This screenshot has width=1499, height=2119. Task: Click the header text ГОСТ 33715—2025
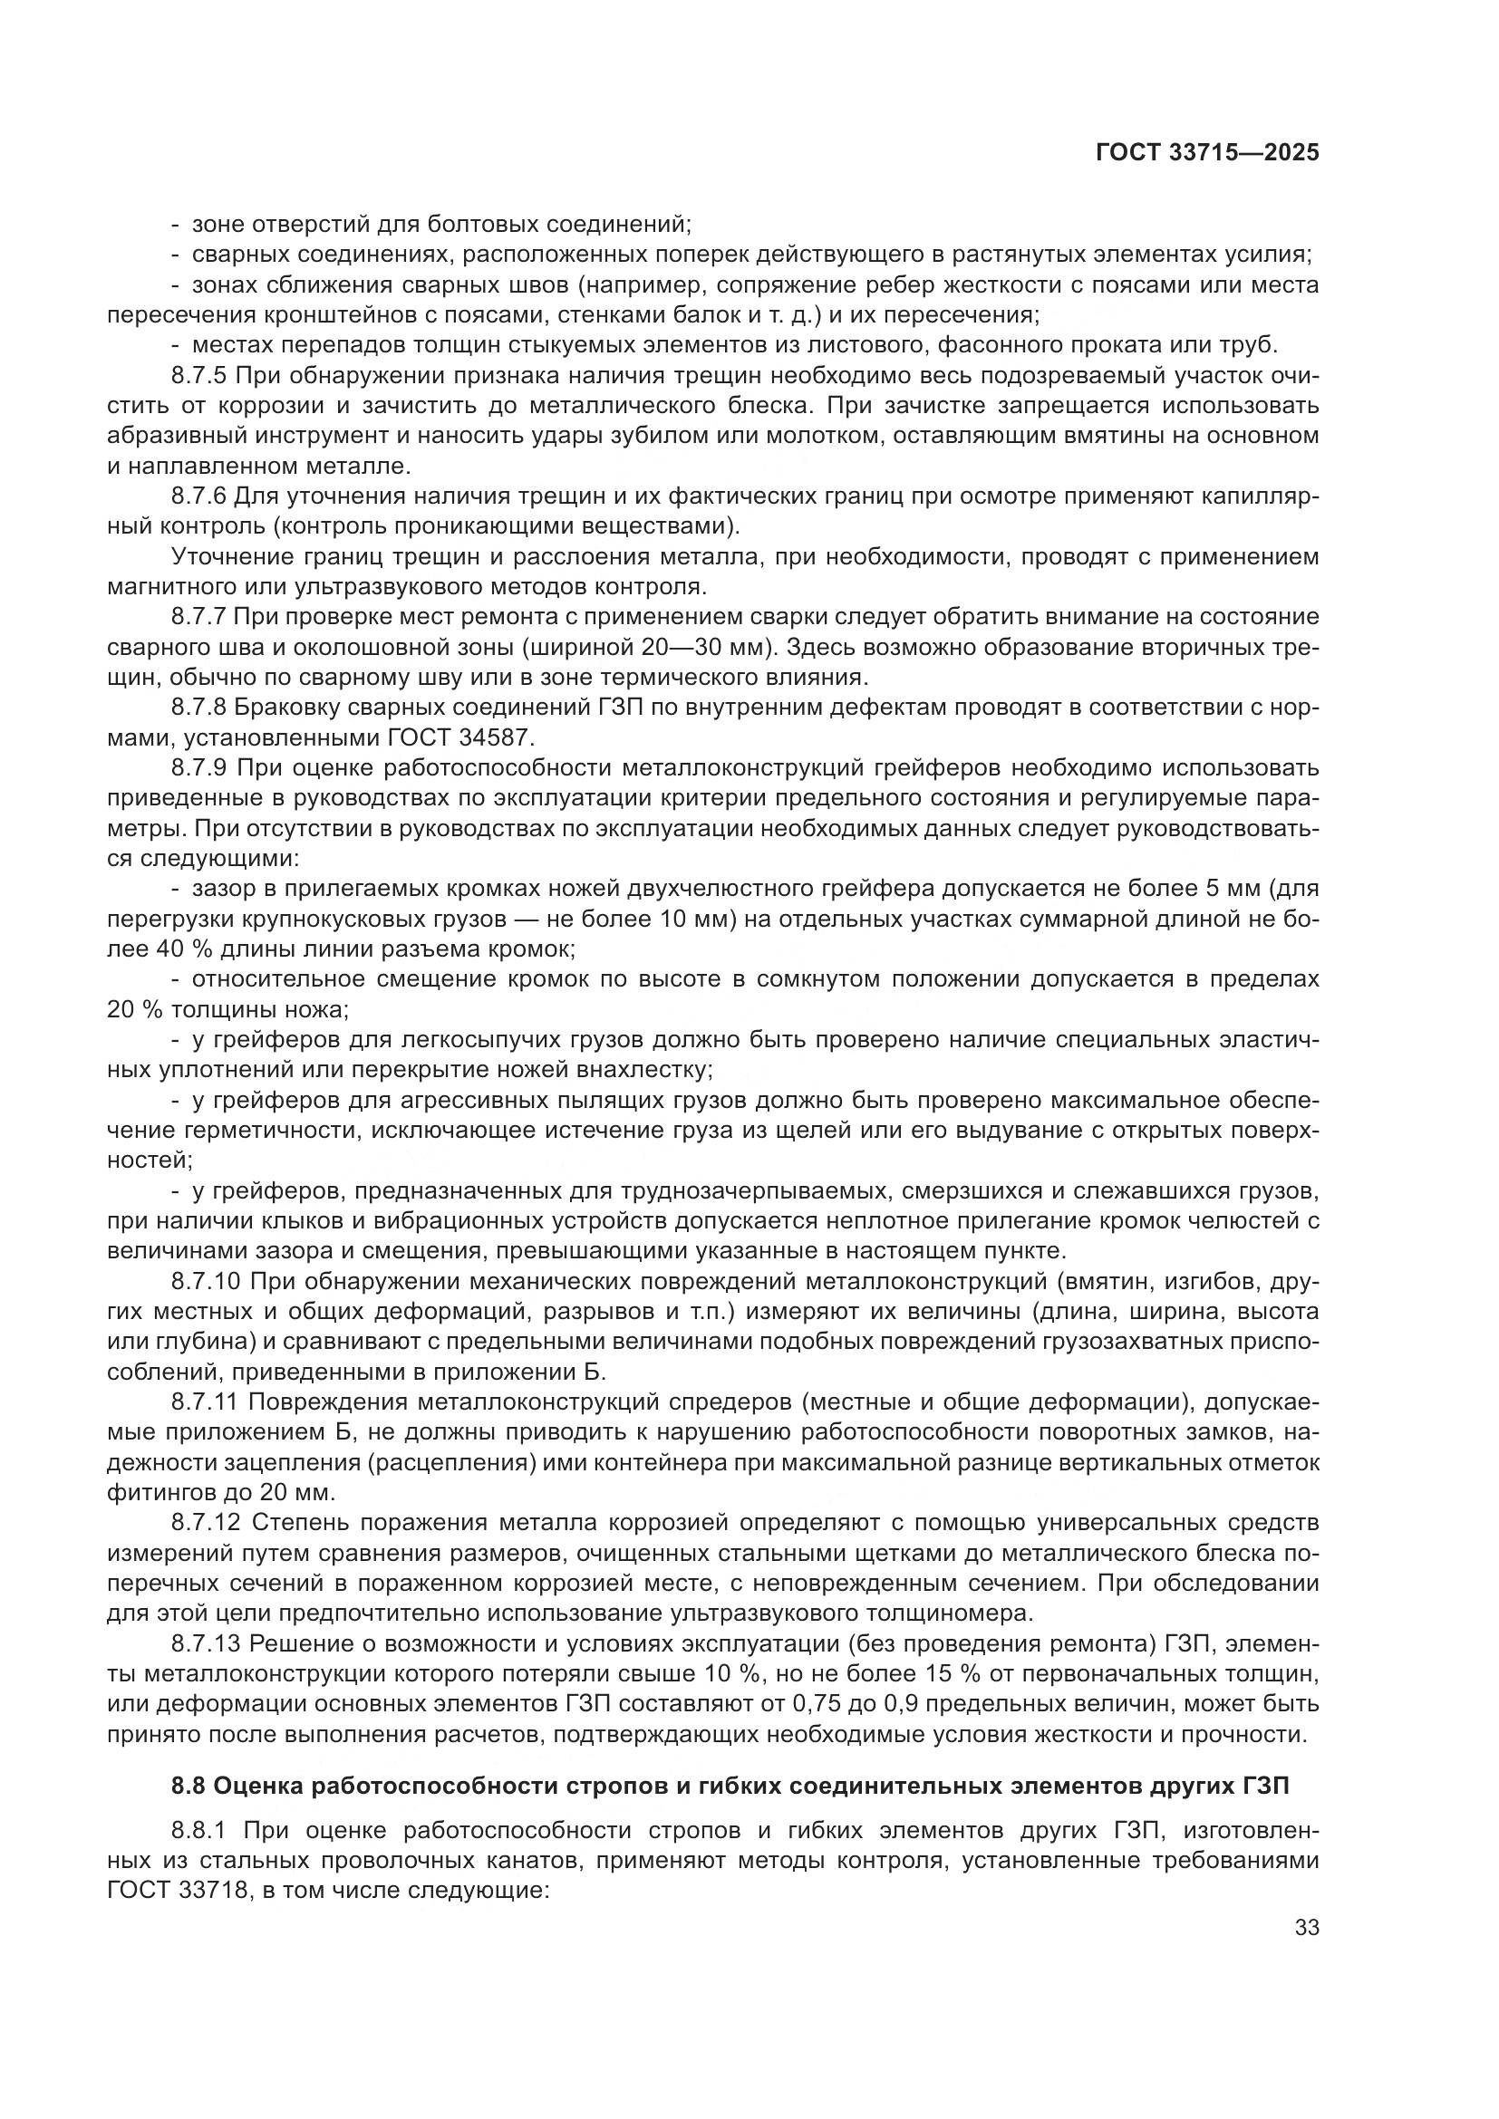[1207, 153]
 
